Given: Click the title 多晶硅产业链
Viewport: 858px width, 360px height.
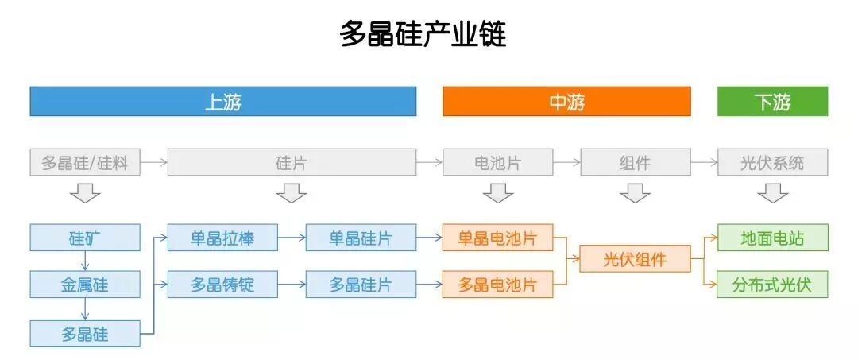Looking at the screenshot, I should [x=423, y=34].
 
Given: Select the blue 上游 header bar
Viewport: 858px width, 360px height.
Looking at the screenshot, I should [x=222, y=102].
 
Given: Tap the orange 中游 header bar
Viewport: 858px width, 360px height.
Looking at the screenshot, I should [x=566, y=102].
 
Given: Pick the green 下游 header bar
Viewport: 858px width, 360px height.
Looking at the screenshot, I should [x=772, y=102].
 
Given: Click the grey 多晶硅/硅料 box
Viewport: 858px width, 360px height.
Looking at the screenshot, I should [x=85, y=163].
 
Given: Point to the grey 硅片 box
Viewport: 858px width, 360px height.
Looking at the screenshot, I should [x=292, y=163].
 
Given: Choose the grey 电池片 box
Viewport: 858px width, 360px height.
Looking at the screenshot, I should [x=498, y=163].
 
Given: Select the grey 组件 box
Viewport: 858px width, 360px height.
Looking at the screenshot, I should [x=635, y=163].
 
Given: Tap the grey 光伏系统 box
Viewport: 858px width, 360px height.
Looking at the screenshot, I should [x=772, y=163].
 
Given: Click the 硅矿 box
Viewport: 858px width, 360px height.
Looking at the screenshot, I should [x=85, y=237].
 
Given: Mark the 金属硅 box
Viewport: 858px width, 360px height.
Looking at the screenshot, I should [x=85, y=284].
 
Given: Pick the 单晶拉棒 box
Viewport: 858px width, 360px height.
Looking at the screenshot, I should [x=222, y=237].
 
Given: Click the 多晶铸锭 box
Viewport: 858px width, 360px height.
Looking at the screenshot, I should [x=222, y=284].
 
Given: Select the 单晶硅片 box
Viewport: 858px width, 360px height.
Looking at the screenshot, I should [x=361, y=237].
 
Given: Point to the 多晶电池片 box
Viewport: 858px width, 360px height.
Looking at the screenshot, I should [x=498, y=284].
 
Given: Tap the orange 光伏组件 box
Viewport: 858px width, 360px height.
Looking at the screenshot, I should [x=635, y=259].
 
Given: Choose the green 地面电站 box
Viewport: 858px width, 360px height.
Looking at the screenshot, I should [x=772, y=237].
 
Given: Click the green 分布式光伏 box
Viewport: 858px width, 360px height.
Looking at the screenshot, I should [x=772, y=284].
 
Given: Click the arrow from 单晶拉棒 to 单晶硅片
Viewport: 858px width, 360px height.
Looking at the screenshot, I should [x=292, y=237].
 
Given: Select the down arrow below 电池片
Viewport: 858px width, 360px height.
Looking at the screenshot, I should [x=498, y=193].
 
